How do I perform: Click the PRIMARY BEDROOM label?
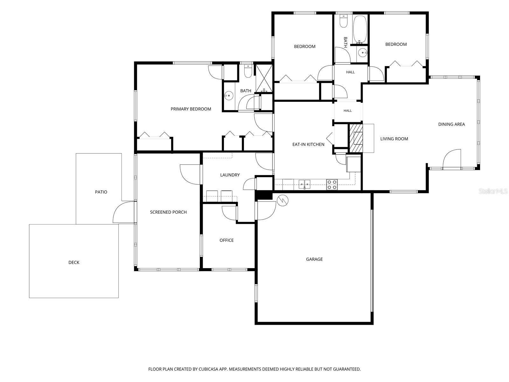(x=191, y=109)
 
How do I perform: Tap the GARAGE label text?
(x=314, y=259)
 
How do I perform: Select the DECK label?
(x=74, y=262)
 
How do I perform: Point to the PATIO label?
(x=101, y=192)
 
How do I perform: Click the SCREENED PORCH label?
(x=168, y=212)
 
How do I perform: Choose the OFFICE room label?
(x=226, y=240)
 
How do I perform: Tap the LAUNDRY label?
(x=230, y=175)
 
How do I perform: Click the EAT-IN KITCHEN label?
(x=308, y=144)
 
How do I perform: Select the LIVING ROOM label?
(x=394, y=139)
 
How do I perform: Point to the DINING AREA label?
(x=451, y=124)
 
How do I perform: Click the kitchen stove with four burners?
(x=331, y=184)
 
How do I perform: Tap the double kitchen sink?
(x=304, y=184)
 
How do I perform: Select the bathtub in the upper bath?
(x=360, y=30)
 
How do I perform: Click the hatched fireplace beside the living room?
(x=356, y=138)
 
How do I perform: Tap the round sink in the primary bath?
(x=229, y=95)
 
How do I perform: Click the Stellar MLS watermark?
(x=493, y=191)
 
